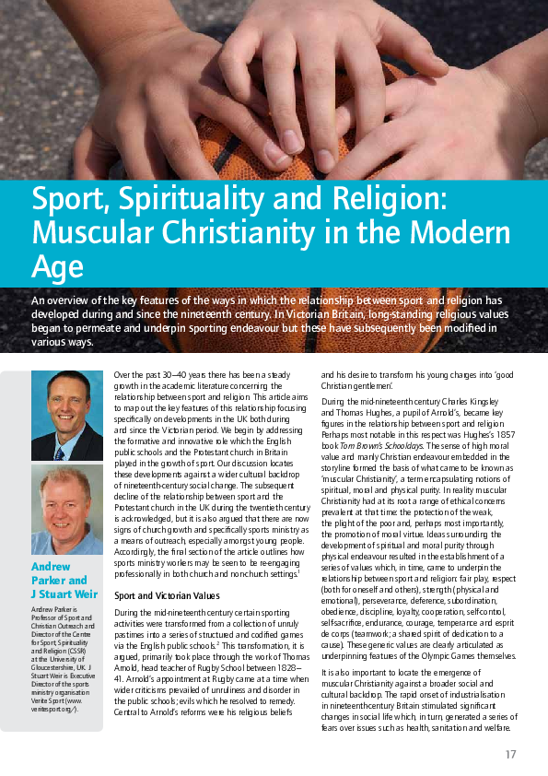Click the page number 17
[x=510, y=755]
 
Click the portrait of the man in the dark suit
[x=67, y=415]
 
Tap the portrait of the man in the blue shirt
[x=67, y=509]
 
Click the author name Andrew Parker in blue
[x=58, y=572]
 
